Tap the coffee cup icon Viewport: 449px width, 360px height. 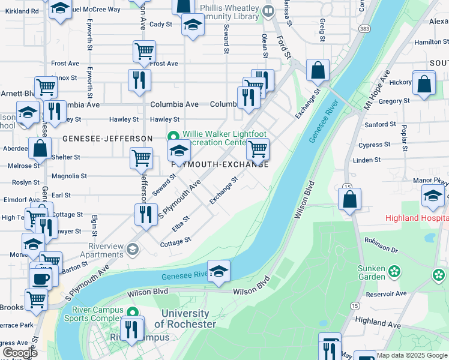tap(41, 278)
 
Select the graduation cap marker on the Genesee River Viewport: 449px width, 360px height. tap(219, 271)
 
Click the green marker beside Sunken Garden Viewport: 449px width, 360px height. tap(394, 271)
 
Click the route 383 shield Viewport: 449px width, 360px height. tap(364, 29)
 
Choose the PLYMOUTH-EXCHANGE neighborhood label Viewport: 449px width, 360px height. tap(219, 164)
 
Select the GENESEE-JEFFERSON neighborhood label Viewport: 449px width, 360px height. tap(107, 139)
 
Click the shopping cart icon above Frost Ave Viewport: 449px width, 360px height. tap(145, 51)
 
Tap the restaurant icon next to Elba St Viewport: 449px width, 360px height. tap(145, 214)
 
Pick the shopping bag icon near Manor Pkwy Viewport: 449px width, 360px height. tap(349, 198)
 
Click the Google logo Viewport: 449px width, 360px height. tap(19, 353)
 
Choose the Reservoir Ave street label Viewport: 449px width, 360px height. tap(385, 293)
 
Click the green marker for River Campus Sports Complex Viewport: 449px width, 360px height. tap(133, 313)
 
